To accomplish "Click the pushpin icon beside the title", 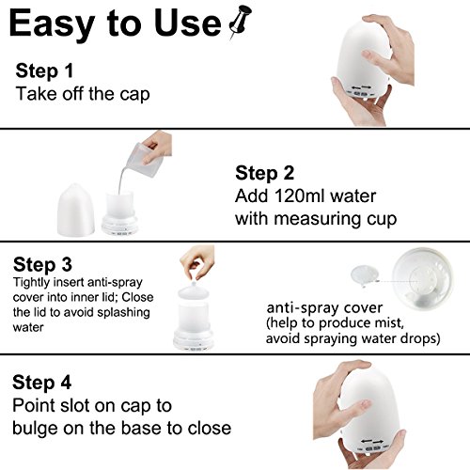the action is point(241,23).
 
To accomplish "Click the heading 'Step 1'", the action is point(44,70).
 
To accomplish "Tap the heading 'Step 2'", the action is point(265,173).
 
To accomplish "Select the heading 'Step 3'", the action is point(42,264).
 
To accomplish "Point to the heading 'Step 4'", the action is point(42,383).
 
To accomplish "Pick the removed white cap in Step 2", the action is point(76,209).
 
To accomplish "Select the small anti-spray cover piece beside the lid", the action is point(364,274).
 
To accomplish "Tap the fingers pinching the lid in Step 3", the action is point(196,262).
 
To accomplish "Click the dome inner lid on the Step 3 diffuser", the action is point(194,292).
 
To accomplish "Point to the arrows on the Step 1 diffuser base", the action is point(361,86).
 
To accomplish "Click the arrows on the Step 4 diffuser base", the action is point(372,441).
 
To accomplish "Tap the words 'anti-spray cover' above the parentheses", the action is point(324,308).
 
